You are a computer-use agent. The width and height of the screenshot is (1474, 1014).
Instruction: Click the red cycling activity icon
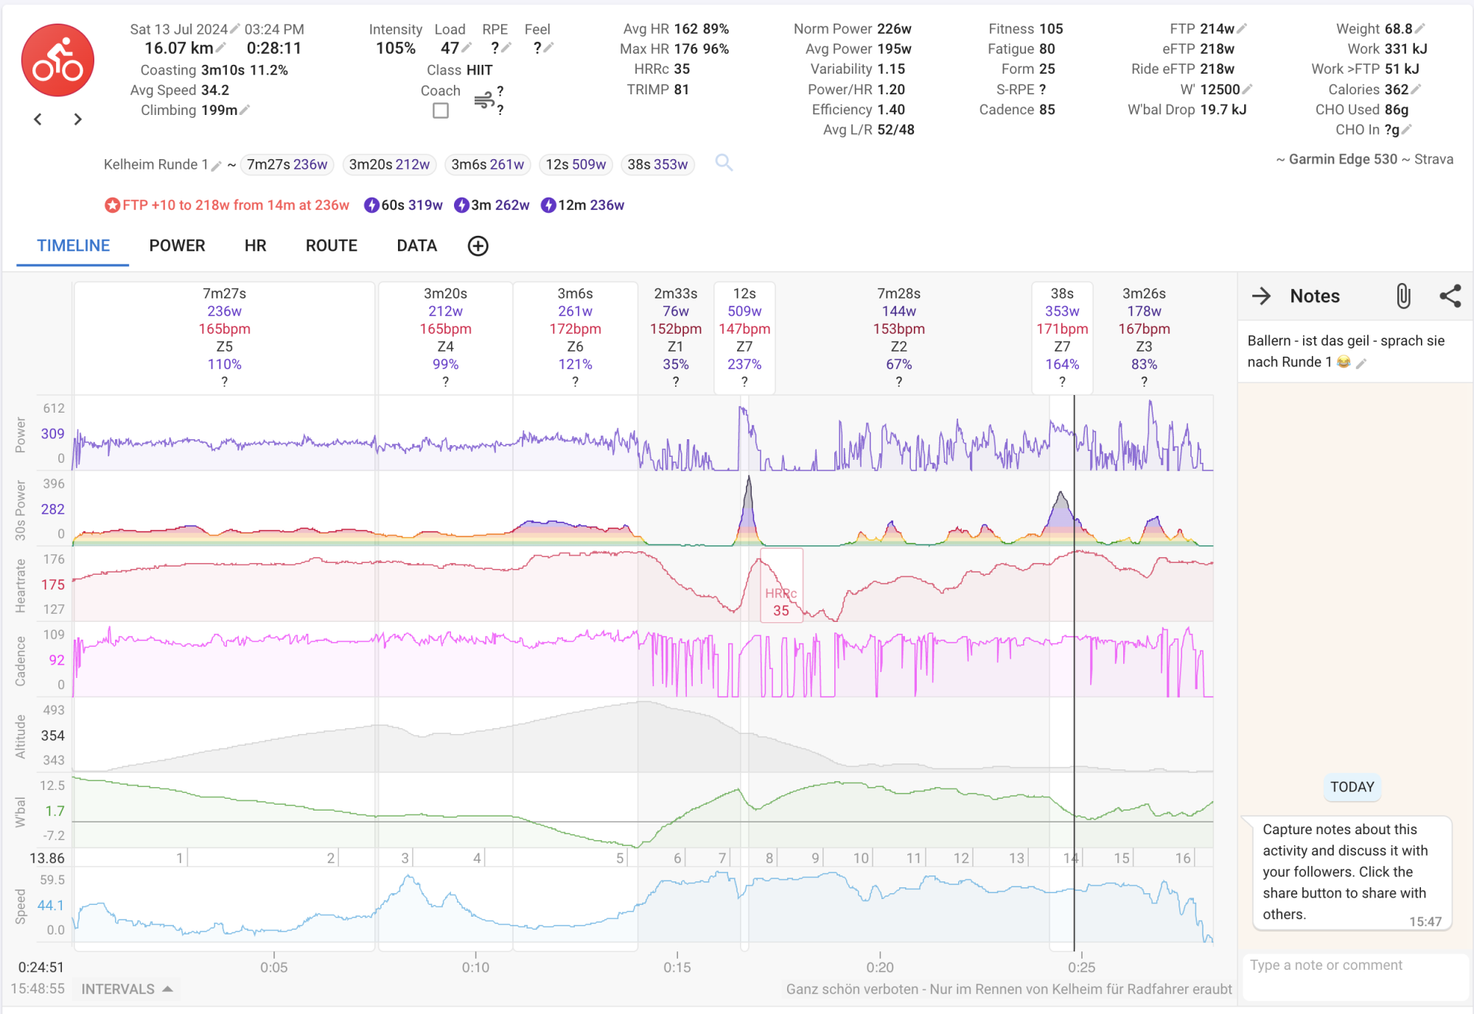coord(57,60)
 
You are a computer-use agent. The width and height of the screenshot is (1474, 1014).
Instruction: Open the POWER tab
coord(177,246)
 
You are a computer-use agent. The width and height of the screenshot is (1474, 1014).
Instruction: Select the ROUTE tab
coord(331,246)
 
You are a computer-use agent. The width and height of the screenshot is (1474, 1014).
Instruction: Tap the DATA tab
coord(416,246)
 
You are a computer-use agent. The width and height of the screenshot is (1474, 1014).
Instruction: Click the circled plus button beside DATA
coord(478,246)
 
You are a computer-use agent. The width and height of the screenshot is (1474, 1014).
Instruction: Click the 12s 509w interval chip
coord(576,164)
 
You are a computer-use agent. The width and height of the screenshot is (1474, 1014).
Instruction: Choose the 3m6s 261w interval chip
coord(487,164)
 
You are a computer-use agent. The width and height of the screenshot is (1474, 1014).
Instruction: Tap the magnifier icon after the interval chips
coord(724,163)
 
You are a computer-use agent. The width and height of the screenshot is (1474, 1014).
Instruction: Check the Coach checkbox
coord(441,111)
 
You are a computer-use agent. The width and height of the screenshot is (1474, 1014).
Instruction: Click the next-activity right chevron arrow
coord(77,119)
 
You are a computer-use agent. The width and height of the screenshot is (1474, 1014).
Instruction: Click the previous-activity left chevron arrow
coord(38,119)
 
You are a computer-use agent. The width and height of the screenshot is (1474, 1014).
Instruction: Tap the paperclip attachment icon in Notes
coord(1403,296)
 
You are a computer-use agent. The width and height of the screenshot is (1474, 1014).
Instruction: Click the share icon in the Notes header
coord(1450,296)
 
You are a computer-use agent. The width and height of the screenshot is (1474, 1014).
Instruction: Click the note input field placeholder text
coord(1326,965)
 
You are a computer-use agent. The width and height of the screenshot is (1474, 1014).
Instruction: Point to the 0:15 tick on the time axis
coord(677,966)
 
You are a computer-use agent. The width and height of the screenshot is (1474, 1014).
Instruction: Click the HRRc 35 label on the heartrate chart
coord(780,602)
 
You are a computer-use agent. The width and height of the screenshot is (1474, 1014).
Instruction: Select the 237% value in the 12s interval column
coord(744,364)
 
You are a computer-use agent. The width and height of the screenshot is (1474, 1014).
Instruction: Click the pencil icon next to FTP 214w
coord(1243,29)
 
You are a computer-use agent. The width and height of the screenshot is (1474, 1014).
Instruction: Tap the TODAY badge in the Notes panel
coord(1352,786)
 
